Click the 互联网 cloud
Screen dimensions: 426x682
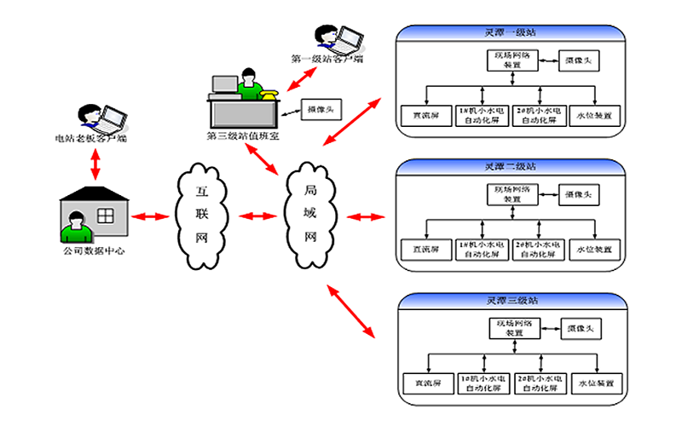pos(203,216)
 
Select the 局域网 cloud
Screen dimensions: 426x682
pos(311,216)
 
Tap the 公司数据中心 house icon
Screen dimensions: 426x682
pos(95,213)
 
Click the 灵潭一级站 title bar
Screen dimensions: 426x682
pos(511,33)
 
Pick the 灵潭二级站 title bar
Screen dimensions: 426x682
pos(511,166)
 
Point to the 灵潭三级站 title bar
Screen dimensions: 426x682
pos(511,301)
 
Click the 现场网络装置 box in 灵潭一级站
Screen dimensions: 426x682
pos(511,60)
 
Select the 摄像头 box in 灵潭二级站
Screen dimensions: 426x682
pos(579,193)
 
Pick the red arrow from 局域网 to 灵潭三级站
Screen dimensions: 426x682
pos(351,312)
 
